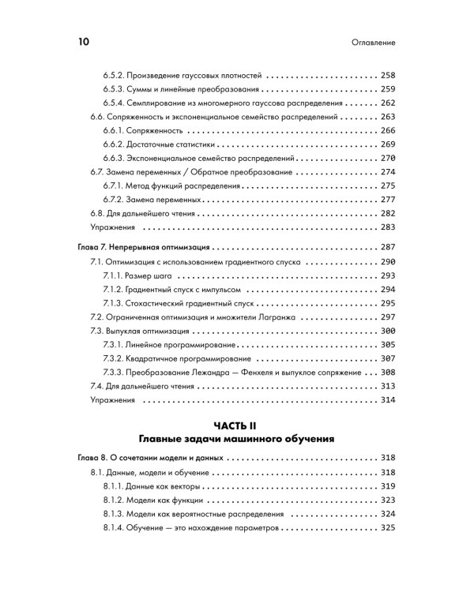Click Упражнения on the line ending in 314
coord(112,400)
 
